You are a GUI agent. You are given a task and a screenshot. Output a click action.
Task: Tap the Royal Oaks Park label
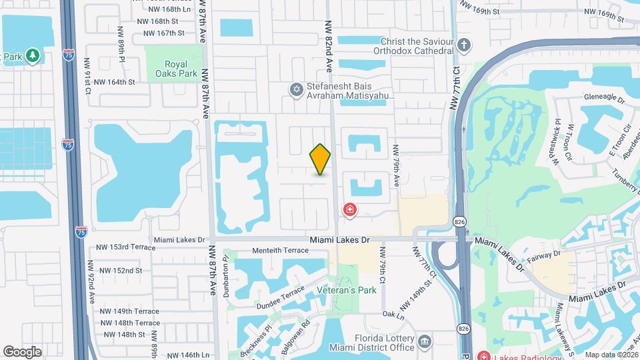(172, 69)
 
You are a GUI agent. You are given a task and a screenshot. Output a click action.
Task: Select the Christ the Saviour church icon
(465, 46)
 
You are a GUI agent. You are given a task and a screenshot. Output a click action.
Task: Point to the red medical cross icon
(349, 211)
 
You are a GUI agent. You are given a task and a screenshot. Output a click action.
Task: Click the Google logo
(22, 351)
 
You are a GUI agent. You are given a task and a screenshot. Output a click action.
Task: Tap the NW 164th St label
(114, 82)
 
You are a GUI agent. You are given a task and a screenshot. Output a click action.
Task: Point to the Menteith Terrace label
(280, 251)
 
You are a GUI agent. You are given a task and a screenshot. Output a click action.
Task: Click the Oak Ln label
(393, 314)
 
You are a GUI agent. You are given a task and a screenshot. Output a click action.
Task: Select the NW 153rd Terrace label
(123, 247)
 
